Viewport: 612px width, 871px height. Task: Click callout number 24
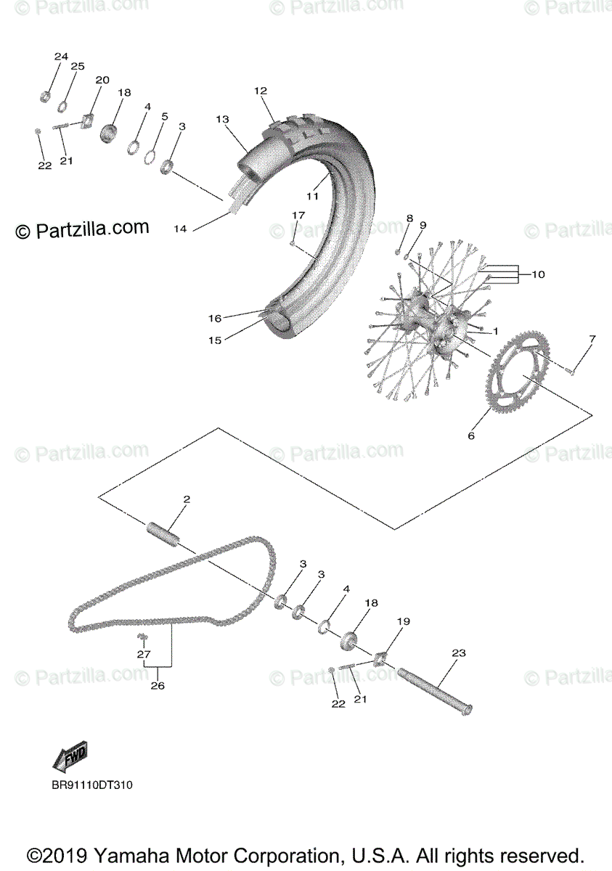pos(61,57)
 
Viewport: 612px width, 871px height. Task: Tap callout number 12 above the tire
pos(261,91)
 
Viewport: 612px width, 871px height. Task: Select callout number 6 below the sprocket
pos(470,435)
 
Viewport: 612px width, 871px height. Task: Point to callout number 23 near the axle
pos(458,653)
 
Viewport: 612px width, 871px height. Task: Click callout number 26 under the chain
pos(158,685)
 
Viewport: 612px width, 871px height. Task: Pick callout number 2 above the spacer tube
pos(187,499)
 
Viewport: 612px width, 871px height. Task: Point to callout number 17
pos(298,216)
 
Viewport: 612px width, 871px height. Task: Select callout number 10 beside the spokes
pos(538,274)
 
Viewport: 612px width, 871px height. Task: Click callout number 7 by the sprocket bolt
pos(592,339)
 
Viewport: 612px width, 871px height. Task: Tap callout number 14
pos(180,229)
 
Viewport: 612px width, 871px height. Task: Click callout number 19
pos(404,621)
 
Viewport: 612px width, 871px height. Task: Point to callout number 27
pos(143,654)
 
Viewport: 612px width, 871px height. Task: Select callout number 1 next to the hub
pos(495,331)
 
